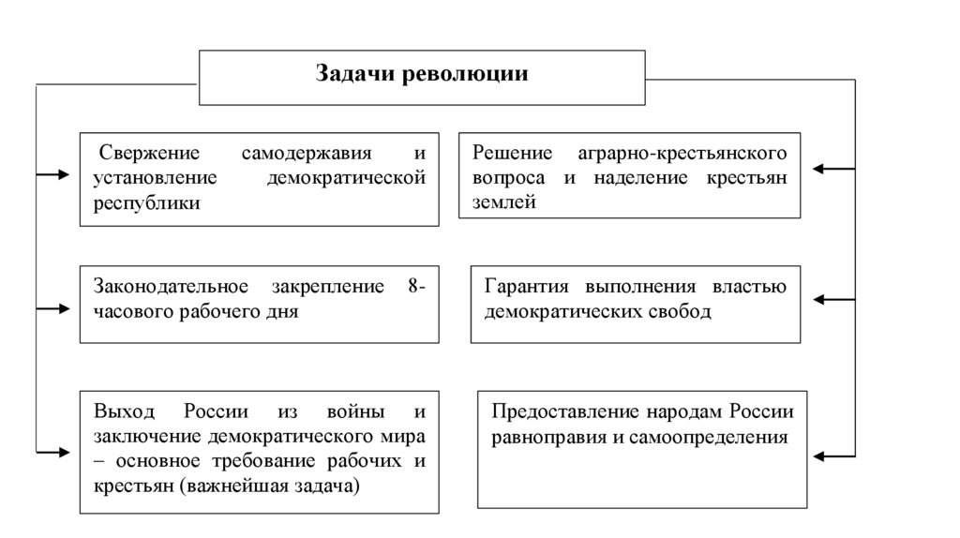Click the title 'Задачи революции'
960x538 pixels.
pyautogui.click(x=421, y=75)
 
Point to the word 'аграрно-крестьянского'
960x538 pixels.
pyautogui.click(x=688, y=152)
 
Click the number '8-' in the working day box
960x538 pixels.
pyautogui.click(x=416, y=287)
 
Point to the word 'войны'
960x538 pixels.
pyautogui.click(x=354, y=412)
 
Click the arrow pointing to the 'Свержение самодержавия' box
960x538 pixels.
pyautogui.click(x=52, y=175)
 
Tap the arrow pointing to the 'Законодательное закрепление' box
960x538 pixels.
pyautogui.click(x=52, y=308)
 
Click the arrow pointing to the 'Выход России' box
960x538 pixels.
pyautogui.click(x=52, y=452)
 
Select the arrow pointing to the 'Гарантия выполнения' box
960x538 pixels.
pyautogui.click(x=832, y=300)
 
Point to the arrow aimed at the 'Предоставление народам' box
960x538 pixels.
pyautogui.click(x=832, y=456)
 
